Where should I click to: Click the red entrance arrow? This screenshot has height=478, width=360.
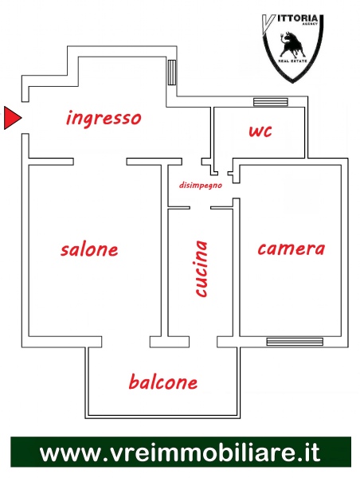pos(12,118)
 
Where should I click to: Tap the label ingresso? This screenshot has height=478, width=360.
pos(104,118)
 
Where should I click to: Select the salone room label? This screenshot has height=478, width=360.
pos(89,249)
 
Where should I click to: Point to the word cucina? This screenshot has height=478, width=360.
pos(202,268)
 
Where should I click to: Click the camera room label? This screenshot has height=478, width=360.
pos(292,249)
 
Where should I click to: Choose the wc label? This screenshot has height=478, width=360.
pos(260,131)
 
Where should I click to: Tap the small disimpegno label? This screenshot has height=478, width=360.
pos(200,186)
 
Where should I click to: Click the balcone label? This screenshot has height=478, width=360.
pos(163,382)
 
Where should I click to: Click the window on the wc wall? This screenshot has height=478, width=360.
pos(271,102)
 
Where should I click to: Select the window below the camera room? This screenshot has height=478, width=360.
pos(295,342)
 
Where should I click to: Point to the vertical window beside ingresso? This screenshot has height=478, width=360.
pos(172,72)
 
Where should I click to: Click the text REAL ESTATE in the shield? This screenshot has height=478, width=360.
pos(292,61)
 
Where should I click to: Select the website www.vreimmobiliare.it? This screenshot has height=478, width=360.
pos(180,452)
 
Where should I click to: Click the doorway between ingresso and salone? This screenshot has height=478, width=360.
pos(100,162)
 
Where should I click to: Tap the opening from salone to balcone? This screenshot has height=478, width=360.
pos(126,342)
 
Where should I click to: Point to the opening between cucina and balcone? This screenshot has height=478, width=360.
pos(203,342)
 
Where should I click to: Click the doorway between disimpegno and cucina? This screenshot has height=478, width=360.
pos(200,208)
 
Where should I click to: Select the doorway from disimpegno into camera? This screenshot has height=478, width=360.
pos(236,190)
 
